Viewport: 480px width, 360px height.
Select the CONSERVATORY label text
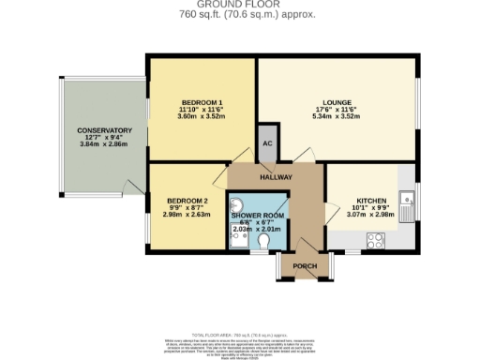point(104,130)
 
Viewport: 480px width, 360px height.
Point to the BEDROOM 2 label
point(187,200)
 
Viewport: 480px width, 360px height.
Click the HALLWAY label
point(277,176)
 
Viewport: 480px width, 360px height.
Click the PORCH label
point(305,265)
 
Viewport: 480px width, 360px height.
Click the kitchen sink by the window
point(406,201)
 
